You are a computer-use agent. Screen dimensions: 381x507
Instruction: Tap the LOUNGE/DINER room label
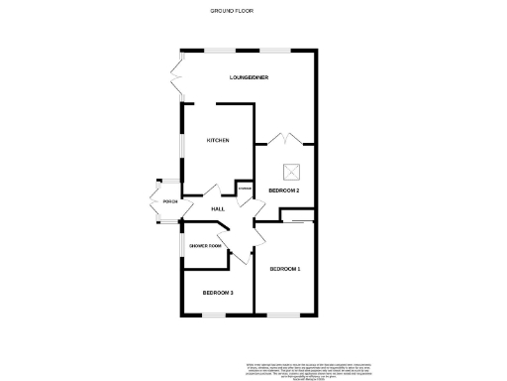click(x=249, y=77)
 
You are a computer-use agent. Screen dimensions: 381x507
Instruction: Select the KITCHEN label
click(x=218, y=140)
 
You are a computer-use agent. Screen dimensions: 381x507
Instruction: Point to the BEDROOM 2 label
click(x=284, y=190)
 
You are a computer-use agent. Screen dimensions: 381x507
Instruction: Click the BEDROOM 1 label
click(x=285, y=269)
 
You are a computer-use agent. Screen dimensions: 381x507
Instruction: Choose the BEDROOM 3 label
click(x=218, y=293)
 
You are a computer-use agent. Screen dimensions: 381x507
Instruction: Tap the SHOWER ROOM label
click(x=205, y=246)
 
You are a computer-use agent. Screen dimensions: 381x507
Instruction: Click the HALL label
click(x=218, y=208)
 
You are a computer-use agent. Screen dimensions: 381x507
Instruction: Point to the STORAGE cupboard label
click(x=245, y=189)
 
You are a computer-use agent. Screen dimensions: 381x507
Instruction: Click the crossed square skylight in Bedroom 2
click(x=292, y=169)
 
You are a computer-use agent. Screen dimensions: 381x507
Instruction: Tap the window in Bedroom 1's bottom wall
click(x=285, y=316)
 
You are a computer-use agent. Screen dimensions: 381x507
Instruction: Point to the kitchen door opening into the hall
click(x=211, y=189)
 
